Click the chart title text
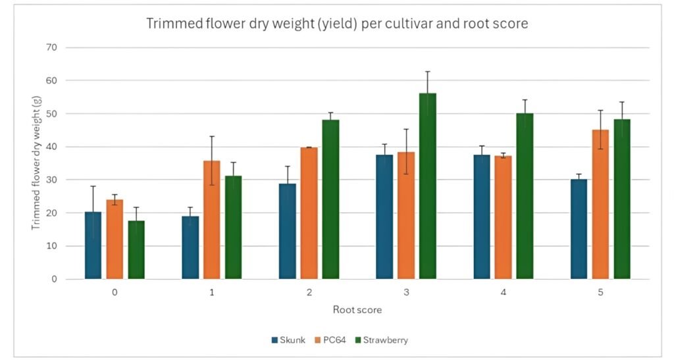pos(336,25)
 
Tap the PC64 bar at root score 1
pos(211,220)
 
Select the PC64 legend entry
pos(334,340)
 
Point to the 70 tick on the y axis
pos(51,47)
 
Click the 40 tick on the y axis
pos(51,147)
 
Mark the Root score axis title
pos(357,309)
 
